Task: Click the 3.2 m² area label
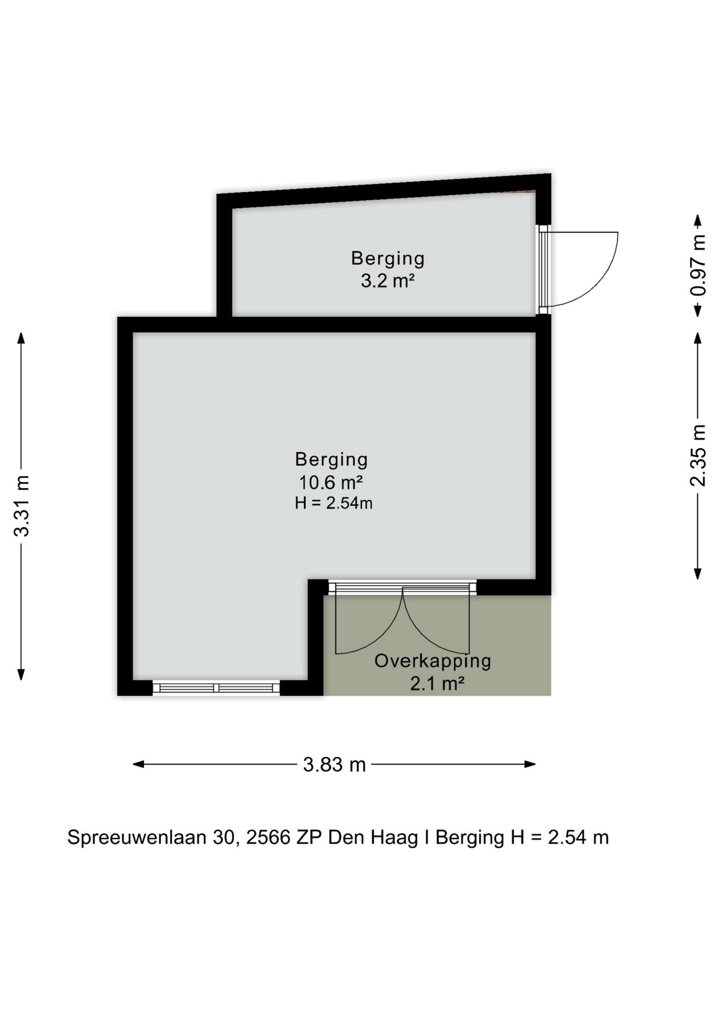point(388,281)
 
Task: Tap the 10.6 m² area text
point(331,483)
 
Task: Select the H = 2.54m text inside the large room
point(334,503)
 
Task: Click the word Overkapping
point(433,661)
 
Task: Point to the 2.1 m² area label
point(437,684)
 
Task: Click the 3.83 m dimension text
point(334,765)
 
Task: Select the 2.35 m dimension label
point(698,455)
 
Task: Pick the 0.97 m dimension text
point(698,265)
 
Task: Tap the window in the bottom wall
point(216,688)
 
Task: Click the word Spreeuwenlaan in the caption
point(137,838)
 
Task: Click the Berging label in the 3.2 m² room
point(388,259)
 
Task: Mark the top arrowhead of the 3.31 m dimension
point(21,338)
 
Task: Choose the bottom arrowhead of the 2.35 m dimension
point(698,573)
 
